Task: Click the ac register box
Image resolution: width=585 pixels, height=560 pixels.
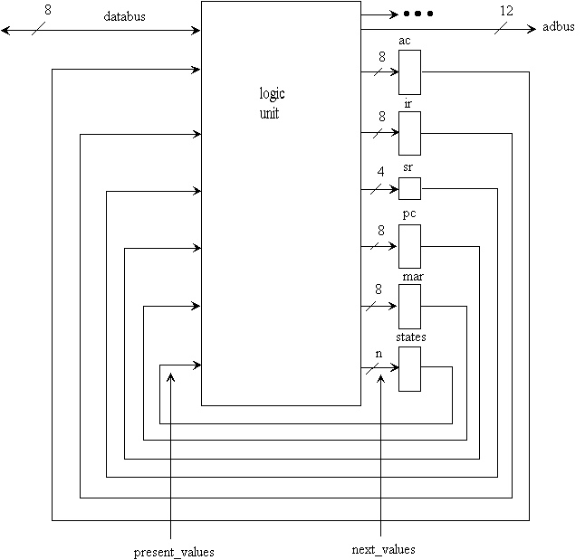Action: click(409, 72)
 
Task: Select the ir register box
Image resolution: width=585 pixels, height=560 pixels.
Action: click(409, 133)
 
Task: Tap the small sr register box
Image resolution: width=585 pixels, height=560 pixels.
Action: click(409, 188)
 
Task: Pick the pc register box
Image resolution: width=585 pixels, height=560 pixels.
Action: click(409, 246)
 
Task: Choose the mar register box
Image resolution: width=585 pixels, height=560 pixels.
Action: click(409, 307)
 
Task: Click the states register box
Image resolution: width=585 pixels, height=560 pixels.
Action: click(409, 368)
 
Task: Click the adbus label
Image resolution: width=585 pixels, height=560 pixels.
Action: click(558, 27)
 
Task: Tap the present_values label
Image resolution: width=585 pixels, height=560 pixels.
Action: click(174, 551)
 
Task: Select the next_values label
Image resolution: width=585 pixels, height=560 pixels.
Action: click(383, 549)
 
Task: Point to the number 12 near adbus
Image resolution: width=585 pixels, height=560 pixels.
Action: click(505, 11)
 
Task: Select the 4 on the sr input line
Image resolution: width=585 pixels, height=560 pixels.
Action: click(380, 172)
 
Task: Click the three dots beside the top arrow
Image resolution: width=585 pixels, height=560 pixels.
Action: click(418, 14)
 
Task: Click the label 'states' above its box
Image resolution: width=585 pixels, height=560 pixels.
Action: click(410, 337)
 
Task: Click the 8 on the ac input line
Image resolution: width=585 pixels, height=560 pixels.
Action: click(380, 55)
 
